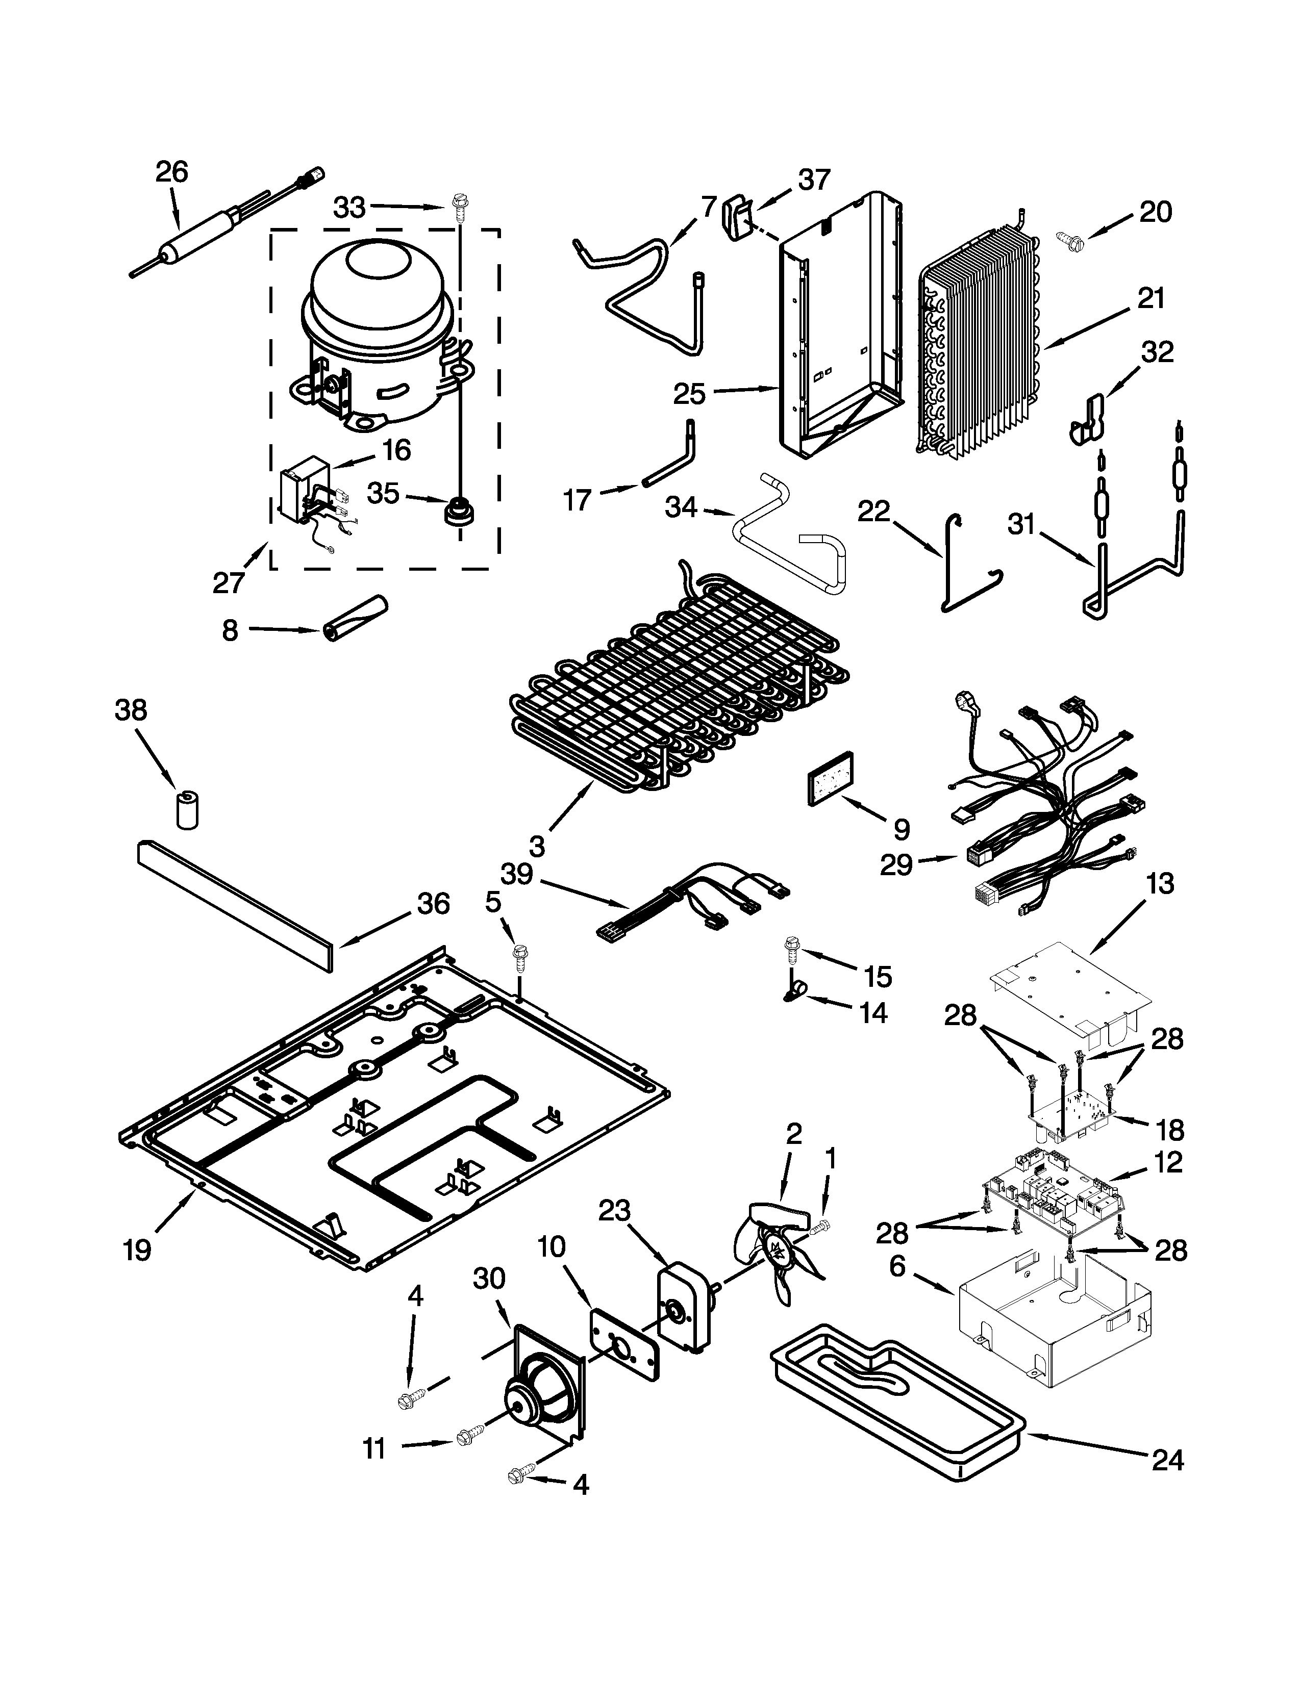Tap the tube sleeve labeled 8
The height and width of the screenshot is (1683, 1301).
point(355,618)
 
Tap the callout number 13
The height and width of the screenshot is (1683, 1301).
point(1159,883)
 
